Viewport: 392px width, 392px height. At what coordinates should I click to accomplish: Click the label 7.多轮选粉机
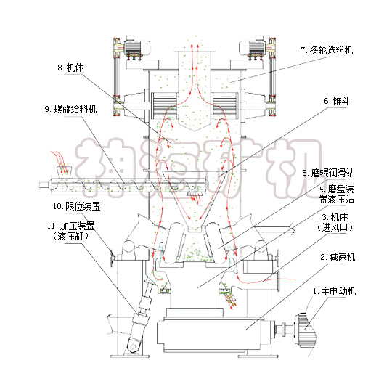pyautogui.click(x=329, y=51)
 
